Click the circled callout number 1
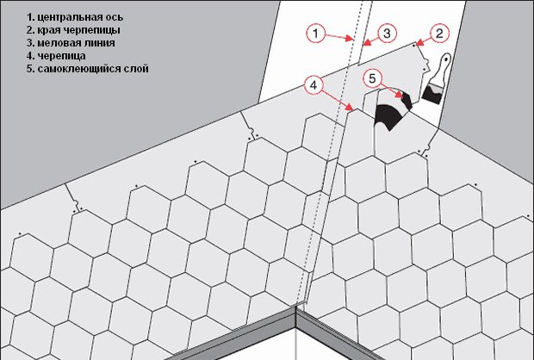(x=316, y=33)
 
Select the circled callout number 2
(x=439, y=33)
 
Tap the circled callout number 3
(x=387, y=34)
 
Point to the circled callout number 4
(x=314, y=85)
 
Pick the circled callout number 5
(x=372, y=78)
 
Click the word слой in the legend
(x=137, y=69)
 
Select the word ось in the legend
(x=115, y=17)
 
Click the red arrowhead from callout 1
(x=349, y=38)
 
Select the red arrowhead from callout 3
(x=367, y=42)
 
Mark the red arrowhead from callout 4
(x=350, y=108)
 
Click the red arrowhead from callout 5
(x=399, y=95)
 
